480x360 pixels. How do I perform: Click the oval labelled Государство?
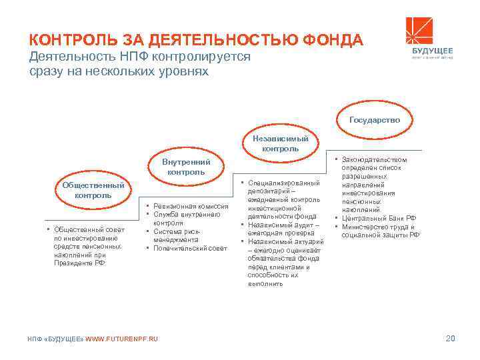click(x=373, y=120)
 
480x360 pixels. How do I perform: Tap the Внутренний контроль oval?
click(x=186, y=167)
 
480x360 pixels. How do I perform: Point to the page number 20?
click(x=450, y=340)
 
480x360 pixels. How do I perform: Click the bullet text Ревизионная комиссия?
click(x=191, y=207)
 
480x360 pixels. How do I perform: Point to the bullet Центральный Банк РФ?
click(x=379, y=218)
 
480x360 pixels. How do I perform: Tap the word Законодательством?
click(x=373, y=160)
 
